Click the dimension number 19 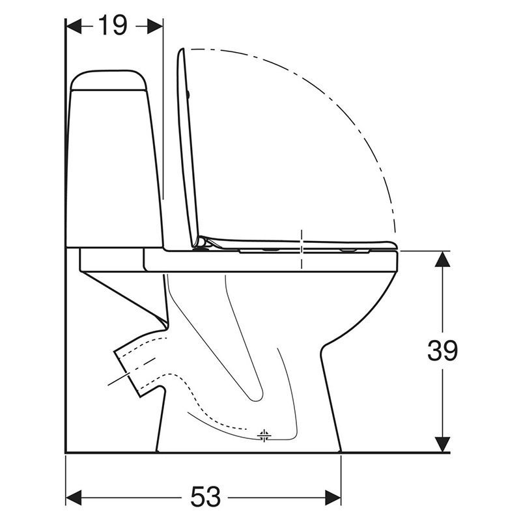click(x=113, y=26)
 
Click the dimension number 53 click(x=205, y=497)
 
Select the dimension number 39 click(x=443, y=350)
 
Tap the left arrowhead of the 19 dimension click(x=74, y=26)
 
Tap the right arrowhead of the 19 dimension click(x=155, y=26)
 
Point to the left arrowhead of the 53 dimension click(x=74, y=498)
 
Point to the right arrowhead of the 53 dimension click(x=333, y=498)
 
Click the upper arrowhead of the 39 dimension click(x=442, y=259)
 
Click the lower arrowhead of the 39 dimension click(x=442, y=444)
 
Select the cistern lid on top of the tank click(x=109, y=80)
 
